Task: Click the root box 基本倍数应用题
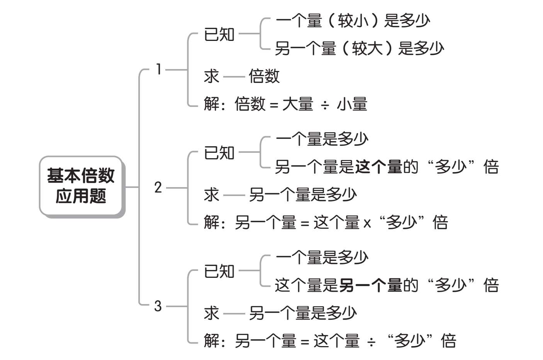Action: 81,186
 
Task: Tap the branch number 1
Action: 158,69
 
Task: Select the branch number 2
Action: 158,188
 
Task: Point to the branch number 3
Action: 158,306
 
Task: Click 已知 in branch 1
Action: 219,35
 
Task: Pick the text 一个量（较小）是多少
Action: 353,20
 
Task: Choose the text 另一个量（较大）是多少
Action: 359,49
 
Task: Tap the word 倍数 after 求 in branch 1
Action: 264,76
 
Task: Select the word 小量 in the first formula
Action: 352,104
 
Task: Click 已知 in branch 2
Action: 219,153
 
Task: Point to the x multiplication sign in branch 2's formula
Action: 367,223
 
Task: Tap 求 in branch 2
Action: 211,194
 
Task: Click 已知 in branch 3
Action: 219,272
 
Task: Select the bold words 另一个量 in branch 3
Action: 371,286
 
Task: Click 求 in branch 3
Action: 211,313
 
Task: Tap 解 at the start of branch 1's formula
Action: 212,104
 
